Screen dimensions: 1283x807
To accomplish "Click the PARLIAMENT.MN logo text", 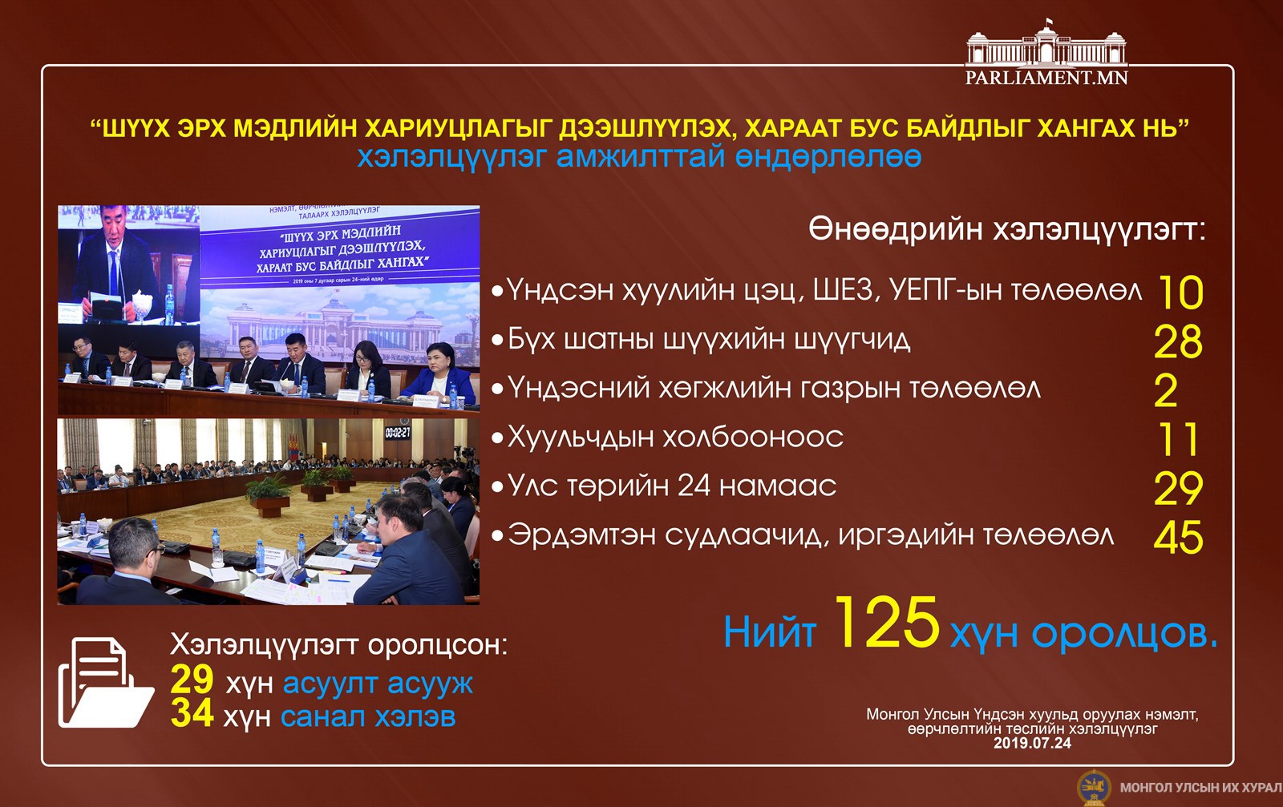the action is [1046, 77].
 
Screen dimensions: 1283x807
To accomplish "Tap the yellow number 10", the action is [1180, 293].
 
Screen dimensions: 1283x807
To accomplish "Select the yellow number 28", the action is [1178, 341].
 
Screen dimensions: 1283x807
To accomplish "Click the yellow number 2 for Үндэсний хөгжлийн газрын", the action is [1166, 391].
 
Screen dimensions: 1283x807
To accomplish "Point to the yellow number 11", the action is [1178, 439].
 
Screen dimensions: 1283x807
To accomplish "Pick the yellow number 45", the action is [1178, 538].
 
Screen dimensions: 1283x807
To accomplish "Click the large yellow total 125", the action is [887, 623].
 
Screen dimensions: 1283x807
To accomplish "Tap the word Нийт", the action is [770, 632].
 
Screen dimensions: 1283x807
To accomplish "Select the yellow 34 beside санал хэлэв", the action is [192, 713].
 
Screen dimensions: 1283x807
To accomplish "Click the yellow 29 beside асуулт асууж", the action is [192, 680].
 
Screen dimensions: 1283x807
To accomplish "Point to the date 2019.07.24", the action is [1032, 743].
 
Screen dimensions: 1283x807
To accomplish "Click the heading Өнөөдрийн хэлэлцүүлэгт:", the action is [1007, 230].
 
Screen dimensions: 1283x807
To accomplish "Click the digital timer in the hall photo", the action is [398, 433].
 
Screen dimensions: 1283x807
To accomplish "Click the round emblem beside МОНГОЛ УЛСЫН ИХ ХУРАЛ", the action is [1094, 788].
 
